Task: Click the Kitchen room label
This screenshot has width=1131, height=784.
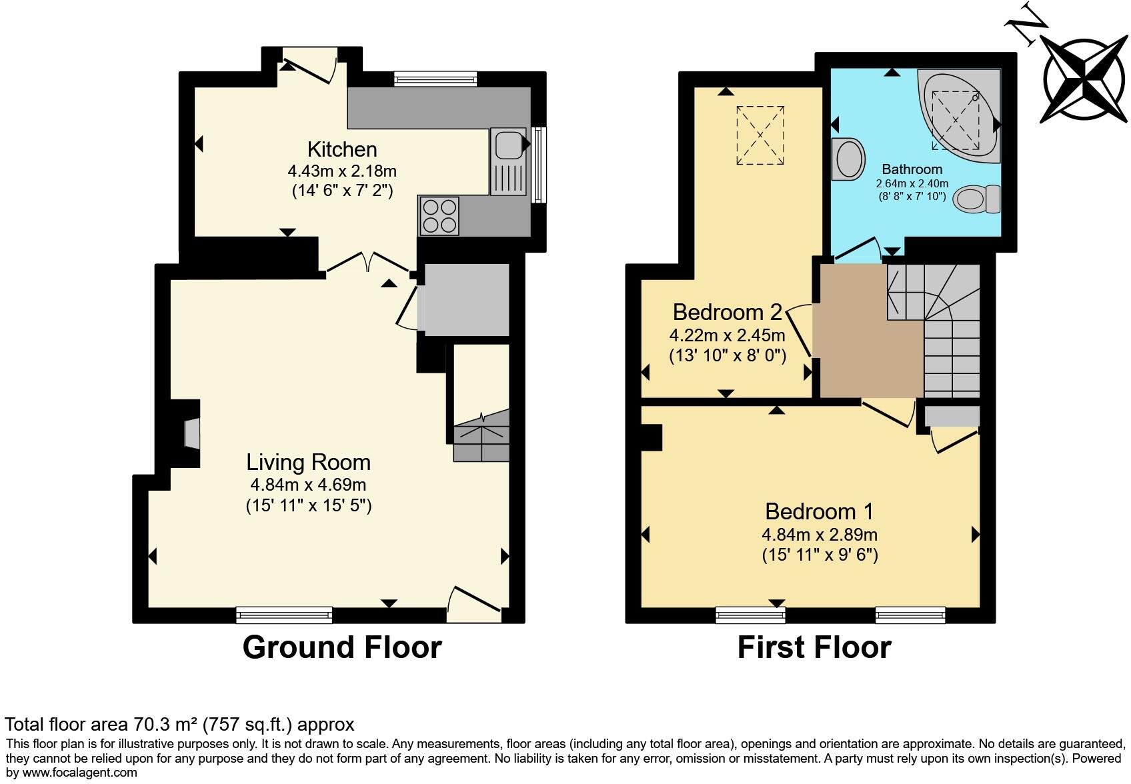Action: [342, 149]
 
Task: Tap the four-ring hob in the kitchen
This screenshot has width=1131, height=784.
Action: [439, 215]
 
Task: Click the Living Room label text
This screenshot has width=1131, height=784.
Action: [308, 462]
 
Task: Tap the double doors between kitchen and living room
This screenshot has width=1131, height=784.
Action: [368, 261]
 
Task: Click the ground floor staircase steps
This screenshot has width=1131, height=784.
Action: [481, 437]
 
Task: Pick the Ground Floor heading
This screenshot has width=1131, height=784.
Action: [342, 647]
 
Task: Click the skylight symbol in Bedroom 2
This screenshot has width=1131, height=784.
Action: [760, 135]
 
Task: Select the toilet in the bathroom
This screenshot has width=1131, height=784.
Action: [977, 199]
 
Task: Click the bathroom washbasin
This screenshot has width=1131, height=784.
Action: [847, 159]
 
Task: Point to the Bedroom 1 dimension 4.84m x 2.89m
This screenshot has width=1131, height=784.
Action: [820, 534]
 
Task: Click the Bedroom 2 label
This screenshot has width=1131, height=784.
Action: [727, 312]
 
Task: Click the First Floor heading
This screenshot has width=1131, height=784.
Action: [814, 647]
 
